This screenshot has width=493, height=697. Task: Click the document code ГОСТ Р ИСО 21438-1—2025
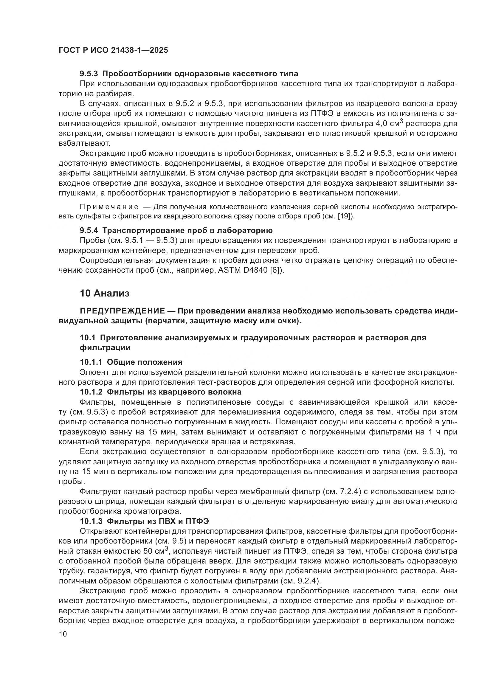(113, 50)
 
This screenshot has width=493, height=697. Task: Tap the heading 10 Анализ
(104, 293)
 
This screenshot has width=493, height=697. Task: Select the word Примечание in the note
(109, 207)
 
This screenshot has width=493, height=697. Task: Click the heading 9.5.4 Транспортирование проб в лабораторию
(176, 230)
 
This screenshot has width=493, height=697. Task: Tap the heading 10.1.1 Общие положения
(131, 362)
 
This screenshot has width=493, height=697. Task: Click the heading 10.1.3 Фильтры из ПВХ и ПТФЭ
(144, 521)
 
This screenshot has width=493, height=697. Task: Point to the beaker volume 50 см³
(155, 551)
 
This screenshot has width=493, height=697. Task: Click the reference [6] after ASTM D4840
(277, 270)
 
